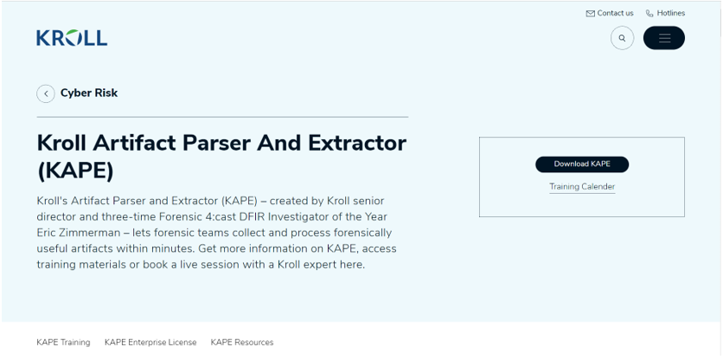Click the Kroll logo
point(72,38)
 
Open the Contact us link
point(610,13)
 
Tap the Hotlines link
point(665,13)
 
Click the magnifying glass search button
point(622,38)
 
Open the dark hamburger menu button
point(664,38)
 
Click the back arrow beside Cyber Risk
point(46,93)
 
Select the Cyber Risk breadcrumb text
point(89,93)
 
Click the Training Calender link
point(582,186)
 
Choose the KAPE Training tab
point(63,343)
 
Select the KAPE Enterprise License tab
point(150,343)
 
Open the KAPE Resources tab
point(242,343)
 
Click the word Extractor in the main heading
point(357,143)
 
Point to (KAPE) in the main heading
point(75,171)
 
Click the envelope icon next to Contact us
point(590,13)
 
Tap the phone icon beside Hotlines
point(649,13)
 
